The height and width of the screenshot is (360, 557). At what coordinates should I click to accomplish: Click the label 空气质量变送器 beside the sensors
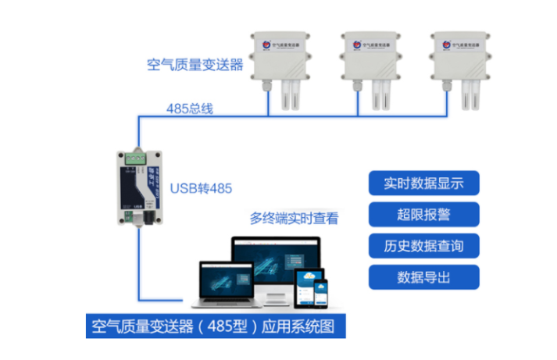[x=195, y=64]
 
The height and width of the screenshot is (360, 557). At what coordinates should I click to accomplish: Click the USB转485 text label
[x=201, y=188]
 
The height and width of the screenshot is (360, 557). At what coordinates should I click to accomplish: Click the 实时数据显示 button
[x=423, y=184]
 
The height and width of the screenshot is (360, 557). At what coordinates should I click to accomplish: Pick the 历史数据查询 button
[x=423, y=246]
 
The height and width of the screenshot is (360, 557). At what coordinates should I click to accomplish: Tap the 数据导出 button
[x=423, y=277]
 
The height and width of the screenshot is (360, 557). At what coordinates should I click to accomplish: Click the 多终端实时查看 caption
[x=294, y=219]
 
